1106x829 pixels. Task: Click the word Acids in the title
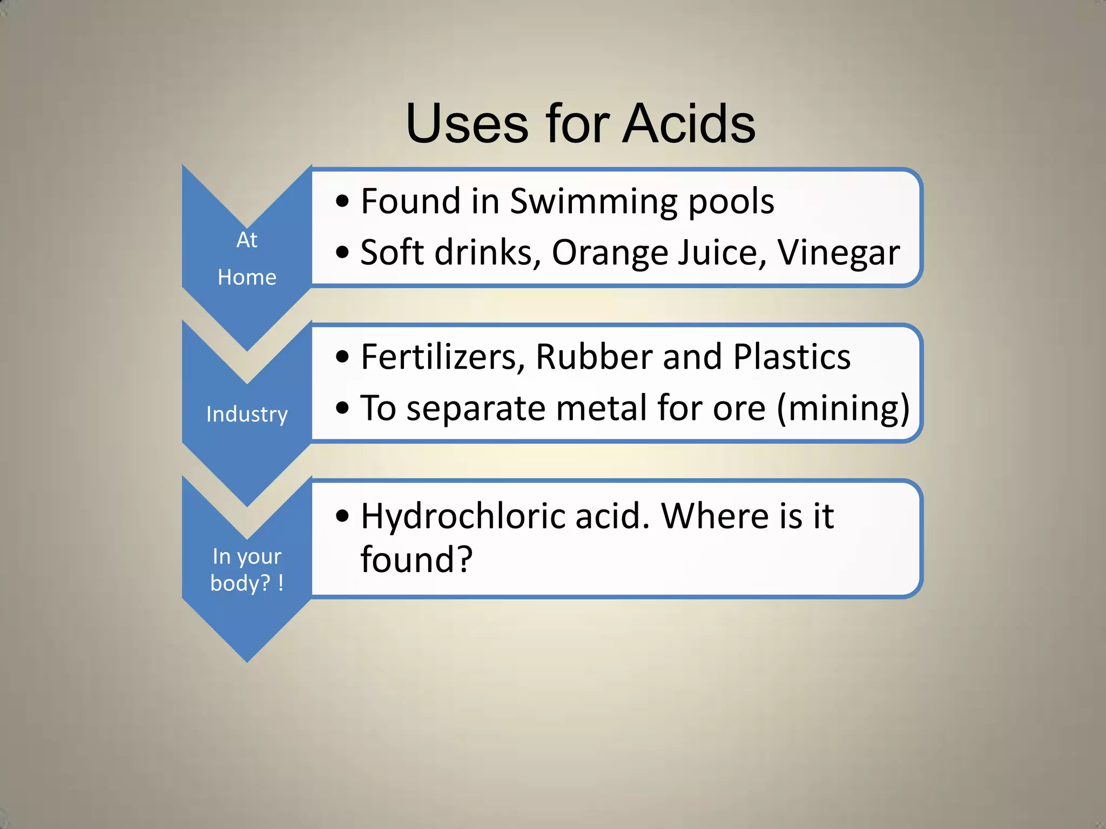[x=689, y=124]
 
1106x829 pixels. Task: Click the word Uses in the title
[x=467, y=124]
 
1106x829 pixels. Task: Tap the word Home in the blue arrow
[x=247, y=277]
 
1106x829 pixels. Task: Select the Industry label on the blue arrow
[x=247, y=414]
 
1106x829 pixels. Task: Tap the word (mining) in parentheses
[x=843, y=409]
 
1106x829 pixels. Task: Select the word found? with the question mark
[x=416, y=560]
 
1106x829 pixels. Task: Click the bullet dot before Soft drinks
[x=342, y=252]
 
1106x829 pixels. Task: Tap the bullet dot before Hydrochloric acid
[x=342, y=515]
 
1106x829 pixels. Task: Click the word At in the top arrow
[x=247, y=240]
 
